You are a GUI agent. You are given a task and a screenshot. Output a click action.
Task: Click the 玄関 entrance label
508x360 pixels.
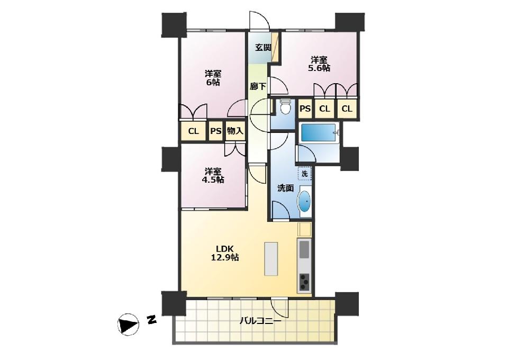tap(263, 48)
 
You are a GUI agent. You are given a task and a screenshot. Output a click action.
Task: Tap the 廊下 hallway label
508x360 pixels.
tap(258, 86)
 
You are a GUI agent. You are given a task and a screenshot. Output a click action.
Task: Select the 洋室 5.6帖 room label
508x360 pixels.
tap(320, 64)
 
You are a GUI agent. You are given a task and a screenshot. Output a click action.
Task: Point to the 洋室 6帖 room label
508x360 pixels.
tap(213, 78)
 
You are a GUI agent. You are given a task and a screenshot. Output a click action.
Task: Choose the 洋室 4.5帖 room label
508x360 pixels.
tap(213, 175)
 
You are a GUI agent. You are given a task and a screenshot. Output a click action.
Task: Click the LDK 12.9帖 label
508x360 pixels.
tap(225, 253)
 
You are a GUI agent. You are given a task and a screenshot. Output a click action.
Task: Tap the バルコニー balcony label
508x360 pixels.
tap(260, 321)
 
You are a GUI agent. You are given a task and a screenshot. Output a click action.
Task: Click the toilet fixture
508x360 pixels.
tap(285, 107)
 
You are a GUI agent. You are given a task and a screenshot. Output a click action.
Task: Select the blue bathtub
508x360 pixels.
tap(319, 133)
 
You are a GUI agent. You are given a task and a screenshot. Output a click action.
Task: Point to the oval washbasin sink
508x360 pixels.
tap(304, 201)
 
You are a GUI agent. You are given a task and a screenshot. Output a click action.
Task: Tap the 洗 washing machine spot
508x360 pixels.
tap(305, 173)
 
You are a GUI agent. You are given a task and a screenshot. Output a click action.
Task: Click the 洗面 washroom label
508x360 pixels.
tap(285, 188)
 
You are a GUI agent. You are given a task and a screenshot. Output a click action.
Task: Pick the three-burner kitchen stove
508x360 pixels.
tap(304, 282)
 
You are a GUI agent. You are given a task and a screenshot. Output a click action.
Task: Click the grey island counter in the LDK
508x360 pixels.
tap(271, 258)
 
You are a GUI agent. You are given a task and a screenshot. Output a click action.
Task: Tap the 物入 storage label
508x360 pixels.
tap(235, 131)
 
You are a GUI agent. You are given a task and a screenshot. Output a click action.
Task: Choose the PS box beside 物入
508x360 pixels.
tap(216, 131)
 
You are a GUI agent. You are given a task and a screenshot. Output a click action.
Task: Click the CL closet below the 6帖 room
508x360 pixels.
tap(194, 131)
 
